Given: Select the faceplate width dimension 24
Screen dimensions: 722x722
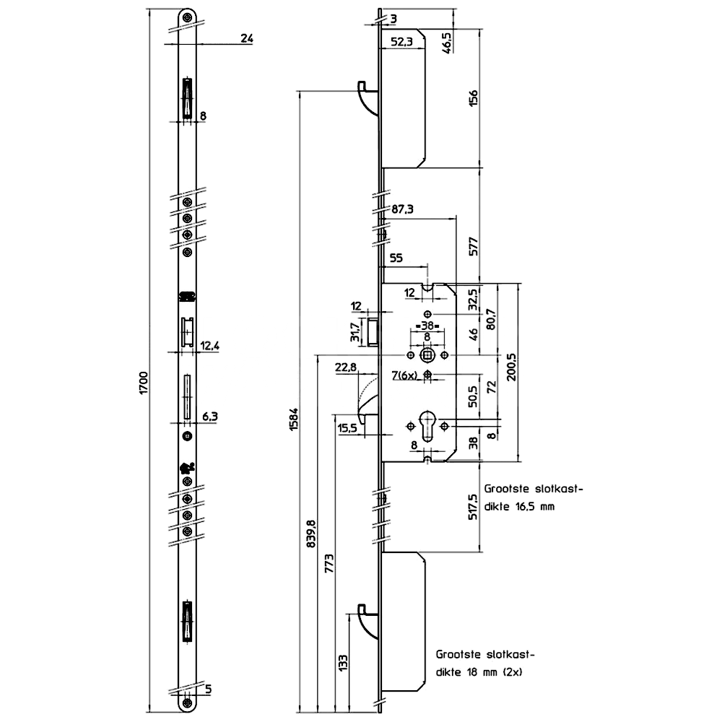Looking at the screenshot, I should pyautogui.click(x=245, y=39).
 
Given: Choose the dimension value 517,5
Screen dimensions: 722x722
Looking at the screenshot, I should pyautogui.click(x=474, y=508).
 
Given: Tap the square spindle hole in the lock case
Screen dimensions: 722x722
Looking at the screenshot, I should pyautogui.click(x=428, y=356).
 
